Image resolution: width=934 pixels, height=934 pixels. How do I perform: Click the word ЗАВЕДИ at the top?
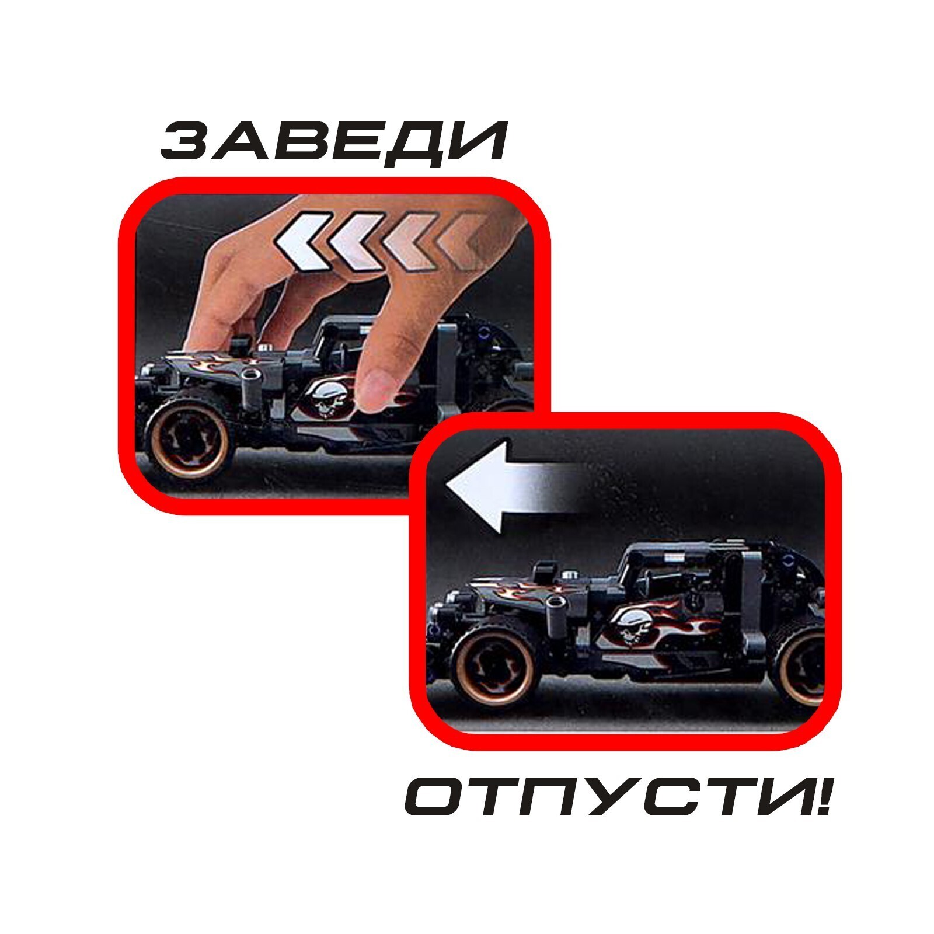(333, 142)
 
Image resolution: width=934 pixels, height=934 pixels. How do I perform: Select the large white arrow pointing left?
(514, 486)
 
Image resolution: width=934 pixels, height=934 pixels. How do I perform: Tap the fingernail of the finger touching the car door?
(378, 385)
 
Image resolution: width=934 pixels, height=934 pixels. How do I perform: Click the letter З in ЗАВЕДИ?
(184, 142)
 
